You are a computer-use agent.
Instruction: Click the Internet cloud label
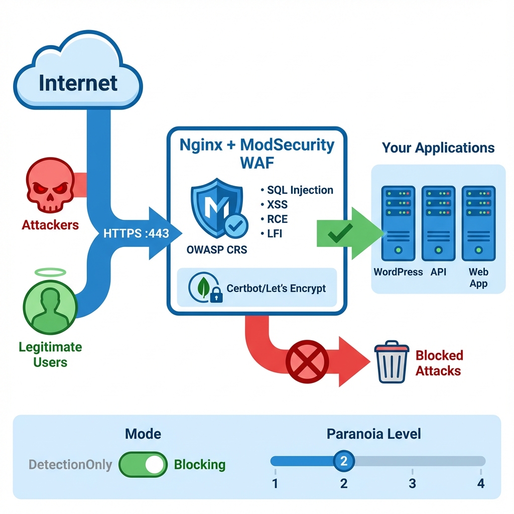[x=78, y=82]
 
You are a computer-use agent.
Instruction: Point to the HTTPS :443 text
[x=136, y=233]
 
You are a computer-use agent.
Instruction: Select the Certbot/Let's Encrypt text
[x=276, y=288]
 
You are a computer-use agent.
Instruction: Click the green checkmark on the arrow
[x=339, y=231]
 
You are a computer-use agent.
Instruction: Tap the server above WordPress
[x=398, y=223]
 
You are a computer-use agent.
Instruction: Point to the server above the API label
[x=438, y=223]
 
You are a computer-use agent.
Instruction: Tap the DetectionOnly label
[x=70, y=464]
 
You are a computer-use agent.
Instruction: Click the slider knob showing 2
[x=344, y=461]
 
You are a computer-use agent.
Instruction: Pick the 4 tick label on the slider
[x=480, y=483]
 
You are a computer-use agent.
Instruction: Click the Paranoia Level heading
[x=373, y=434]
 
